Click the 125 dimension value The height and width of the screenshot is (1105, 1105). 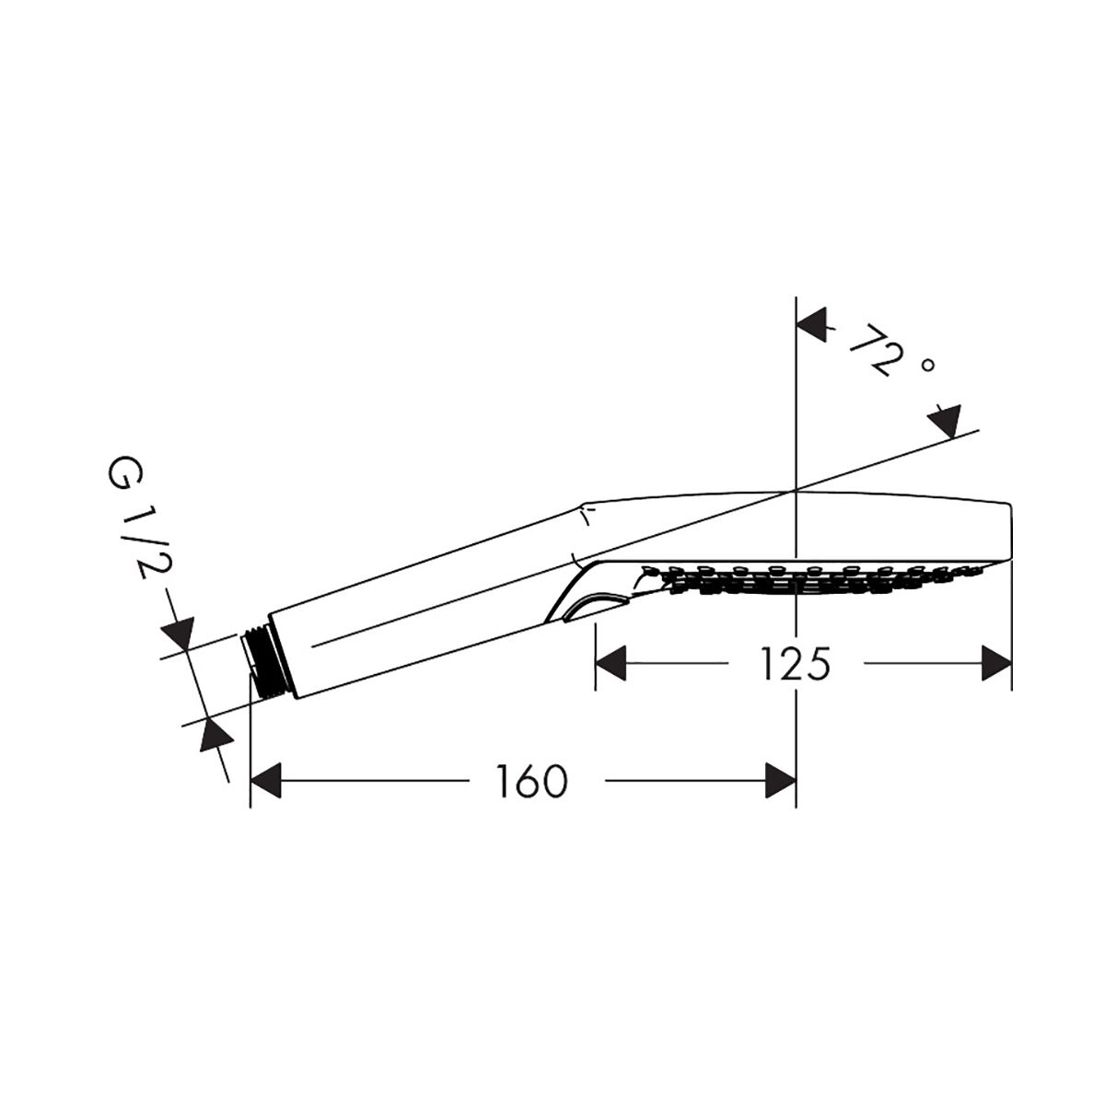click(795, 663)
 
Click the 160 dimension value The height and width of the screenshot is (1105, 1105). click(531, 781)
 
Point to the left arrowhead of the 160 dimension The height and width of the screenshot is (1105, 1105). click(266, 781)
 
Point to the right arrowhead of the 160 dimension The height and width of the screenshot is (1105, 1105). click(781, 781)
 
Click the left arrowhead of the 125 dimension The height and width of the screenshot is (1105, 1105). click(611, 663)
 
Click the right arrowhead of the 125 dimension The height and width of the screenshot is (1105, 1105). click(996, 663)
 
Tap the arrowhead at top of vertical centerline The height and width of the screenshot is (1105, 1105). click(812, 324)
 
